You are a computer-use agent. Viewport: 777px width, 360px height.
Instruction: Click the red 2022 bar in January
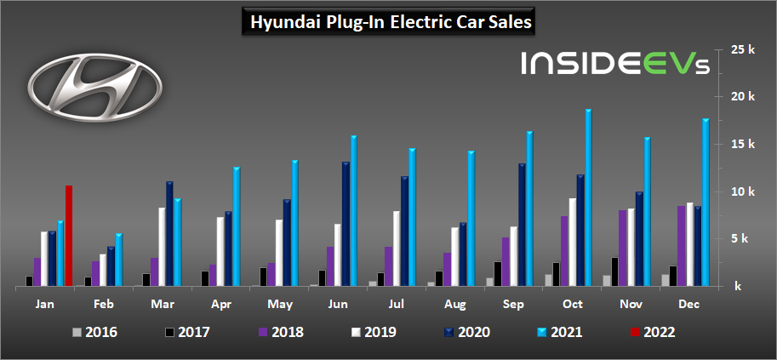[69, 236]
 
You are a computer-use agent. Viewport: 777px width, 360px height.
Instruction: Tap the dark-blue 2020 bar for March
[169, 234]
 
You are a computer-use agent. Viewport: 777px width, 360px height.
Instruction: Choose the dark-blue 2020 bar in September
[522, 225]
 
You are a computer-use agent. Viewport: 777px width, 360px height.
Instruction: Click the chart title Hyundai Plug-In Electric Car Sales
[389, 23]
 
